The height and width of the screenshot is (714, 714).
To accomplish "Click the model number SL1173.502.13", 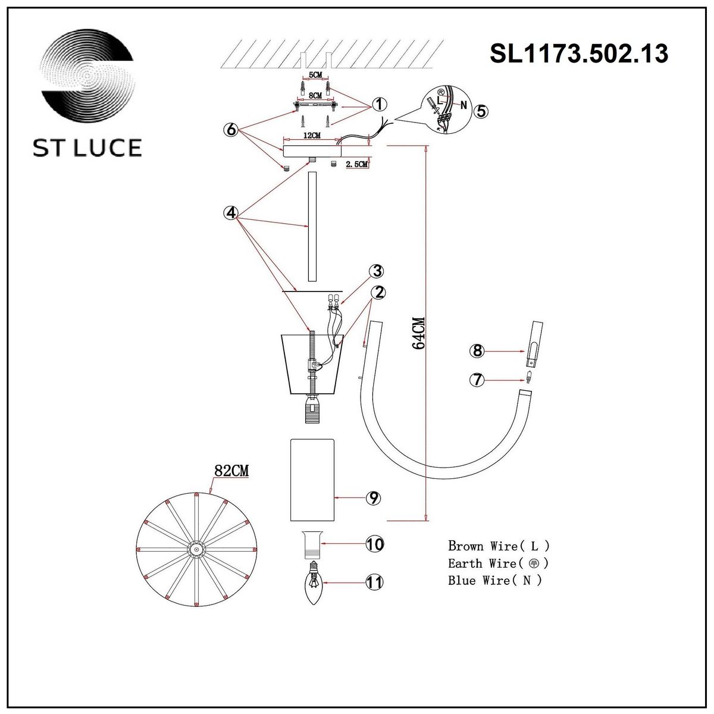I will [x=578, y=54].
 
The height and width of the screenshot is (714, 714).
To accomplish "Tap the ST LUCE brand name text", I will [x=87, y=148].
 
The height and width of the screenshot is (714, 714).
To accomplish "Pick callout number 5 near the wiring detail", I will [x=481, y=111].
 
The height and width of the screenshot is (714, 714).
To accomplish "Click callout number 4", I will [x=231, y=212].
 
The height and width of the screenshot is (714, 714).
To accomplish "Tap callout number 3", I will [x=375, y=272].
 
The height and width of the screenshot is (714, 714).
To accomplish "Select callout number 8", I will [x=477, y=351].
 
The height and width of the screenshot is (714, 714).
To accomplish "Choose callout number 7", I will [x=477, y=379].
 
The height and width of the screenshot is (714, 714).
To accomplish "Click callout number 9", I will [x=374, y=497].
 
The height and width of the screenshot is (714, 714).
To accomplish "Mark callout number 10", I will [x=375, y=544].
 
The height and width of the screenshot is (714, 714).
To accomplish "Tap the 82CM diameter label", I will [x=231, y=471].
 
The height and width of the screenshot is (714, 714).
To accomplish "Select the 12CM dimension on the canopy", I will [x=311, y=136].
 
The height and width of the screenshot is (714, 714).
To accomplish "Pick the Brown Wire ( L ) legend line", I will [x=499, y=546].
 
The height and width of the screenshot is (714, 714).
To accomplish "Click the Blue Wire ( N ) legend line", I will [x=495, y=581].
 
